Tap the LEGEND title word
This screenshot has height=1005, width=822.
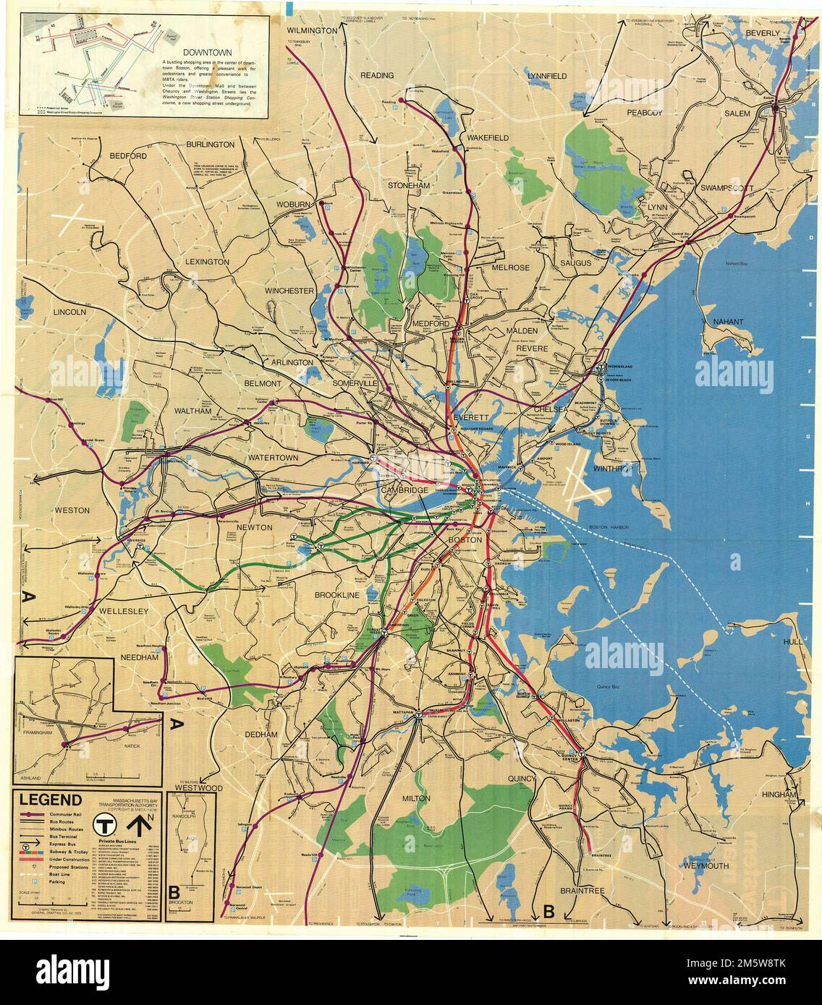click(50, 800)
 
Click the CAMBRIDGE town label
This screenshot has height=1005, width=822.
click(405, 491)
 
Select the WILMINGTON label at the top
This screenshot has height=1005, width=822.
click(313, 31)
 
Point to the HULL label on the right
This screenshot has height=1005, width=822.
click(795, 642)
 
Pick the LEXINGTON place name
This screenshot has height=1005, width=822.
click(206, 262)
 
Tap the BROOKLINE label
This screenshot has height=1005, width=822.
click(336, 594)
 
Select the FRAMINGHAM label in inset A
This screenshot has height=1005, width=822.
click(39, 732)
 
